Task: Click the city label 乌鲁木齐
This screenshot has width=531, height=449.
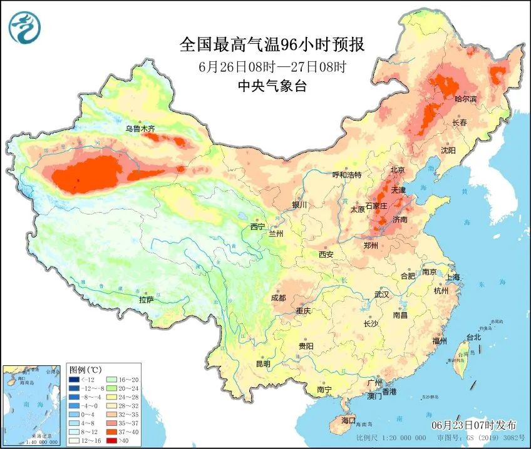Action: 139,129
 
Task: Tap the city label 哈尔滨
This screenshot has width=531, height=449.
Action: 465,99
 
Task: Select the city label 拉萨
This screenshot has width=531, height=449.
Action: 146,300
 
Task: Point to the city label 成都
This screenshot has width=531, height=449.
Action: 279,298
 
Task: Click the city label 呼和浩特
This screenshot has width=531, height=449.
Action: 346,175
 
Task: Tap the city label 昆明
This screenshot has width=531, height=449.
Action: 263,364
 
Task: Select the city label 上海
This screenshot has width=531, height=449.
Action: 453,277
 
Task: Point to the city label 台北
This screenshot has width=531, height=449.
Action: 473,338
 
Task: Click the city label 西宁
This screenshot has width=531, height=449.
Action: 257,226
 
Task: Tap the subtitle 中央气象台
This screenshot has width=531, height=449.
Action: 272,87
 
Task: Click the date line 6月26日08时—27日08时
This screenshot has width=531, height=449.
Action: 272,66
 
